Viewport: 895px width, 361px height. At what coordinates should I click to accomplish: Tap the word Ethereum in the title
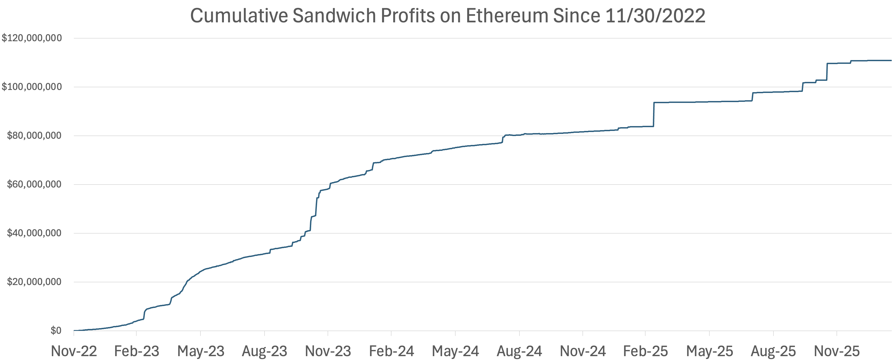(506, 16)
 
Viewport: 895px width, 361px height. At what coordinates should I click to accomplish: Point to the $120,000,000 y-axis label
(32, 38)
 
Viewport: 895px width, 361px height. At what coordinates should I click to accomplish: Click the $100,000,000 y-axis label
(32, 86)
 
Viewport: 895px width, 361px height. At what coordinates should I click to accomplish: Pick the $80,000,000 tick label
(34, 136)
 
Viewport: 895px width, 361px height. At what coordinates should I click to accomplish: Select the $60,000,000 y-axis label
(34, 184)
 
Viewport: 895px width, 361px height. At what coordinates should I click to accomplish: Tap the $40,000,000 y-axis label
(34, 233)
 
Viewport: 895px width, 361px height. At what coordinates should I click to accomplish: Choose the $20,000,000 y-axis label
(34, 282)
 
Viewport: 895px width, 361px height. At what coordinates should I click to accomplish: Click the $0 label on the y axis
(56, 331)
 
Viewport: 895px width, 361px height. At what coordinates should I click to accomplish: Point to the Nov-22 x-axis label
(74, 351)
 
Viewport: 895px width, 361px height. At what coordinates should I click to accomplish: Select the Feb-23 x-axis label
(137, 351)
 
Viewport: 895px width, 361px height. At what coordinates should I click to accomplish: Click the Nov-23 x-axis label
(328, 351)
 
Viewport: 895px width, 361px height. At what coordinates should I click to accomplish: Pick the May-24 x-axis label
(455, 351)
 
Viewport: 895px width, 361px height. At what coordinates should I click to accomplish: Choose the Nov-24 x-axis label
(583, 351)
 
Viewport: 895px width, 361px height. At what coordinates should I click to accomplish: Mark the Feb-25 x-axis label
(645, 351)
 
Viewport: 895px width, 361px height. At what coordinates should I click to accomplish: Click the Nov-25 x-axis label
(837, 351)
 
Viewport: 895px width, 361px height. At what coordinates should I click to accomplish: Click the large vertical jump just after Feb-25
(654, 115)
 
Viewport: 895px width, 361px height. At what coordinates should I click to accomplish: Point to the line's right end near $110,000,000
(890, 60)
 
